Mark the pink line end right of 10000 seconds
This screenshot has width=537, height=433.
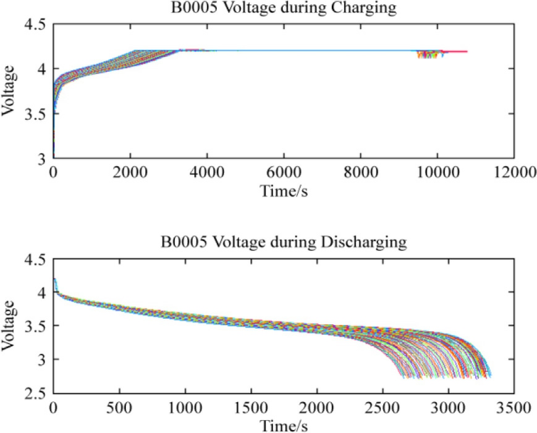(x=465, y=51)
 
